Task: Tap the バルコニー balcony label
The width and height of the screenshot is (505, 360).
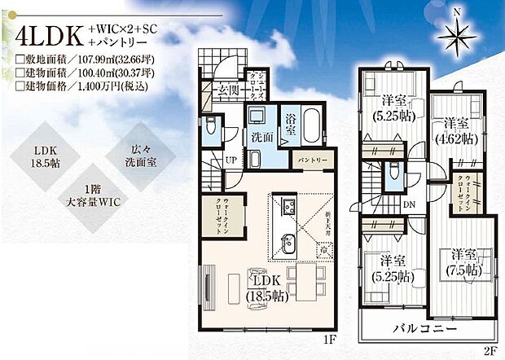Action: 421,327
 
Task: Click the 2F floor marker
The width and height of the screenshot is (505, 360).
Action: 490,352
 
